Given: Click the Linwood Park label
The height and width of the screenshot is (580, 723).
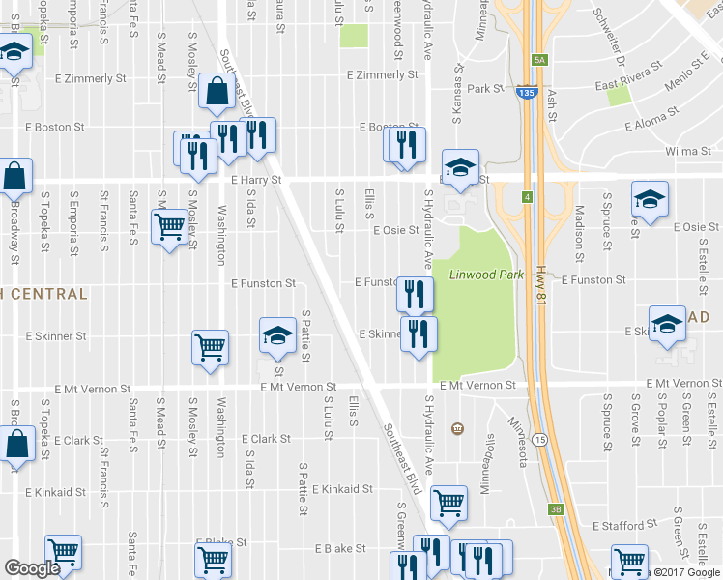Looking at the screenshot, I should [x=486, y=275].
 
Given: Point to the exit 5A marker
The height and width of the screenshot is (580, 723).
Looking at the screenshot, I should [x=539, y=60].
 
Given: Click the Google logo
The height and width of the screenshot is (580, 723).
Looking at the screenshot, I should [x=32, y=567].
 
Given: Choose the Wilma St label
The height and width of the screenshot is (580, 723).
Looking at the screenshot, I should [x=687, y=152].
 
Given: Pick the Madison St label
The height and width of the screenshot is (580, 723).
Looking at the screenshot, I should [x=579, y=233].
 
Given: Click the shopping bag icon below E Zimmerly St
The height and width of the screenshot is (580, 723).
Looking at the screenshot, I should [x=215, y=92].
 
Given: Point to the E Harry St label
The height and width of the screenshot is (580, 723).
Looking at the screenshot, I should [x=256, y=180].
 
